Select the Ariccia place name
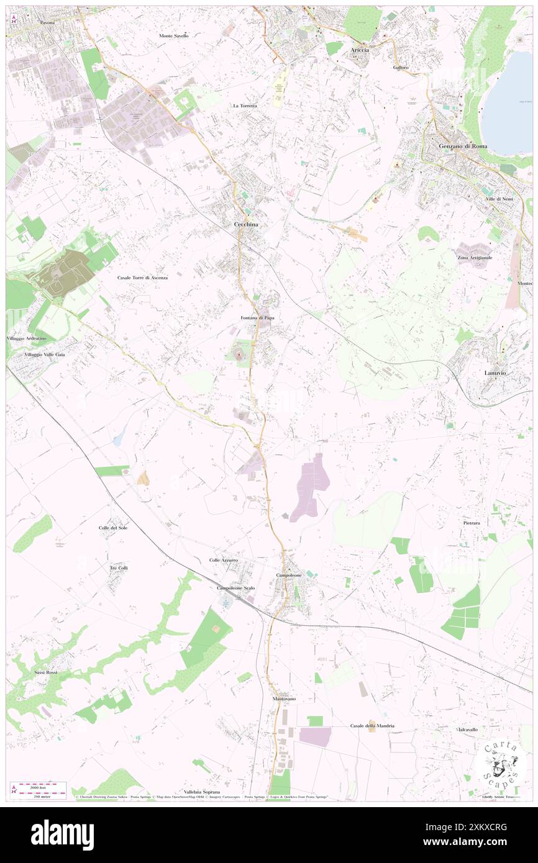point(360,50)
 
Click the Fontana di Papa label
point(257,317)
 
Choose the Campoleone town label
point(289,576)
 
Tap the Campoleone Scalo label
point(235,587)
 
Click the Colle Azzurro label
point(223,560)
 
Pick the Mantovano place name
point(284,699)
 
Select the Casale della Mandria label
point(372,726)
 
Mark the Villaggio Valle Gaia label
point(44,354)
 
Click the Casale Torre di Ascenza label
point(142,278)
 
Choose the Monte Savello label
point(173,36)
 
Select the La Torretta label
point(245,106)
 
